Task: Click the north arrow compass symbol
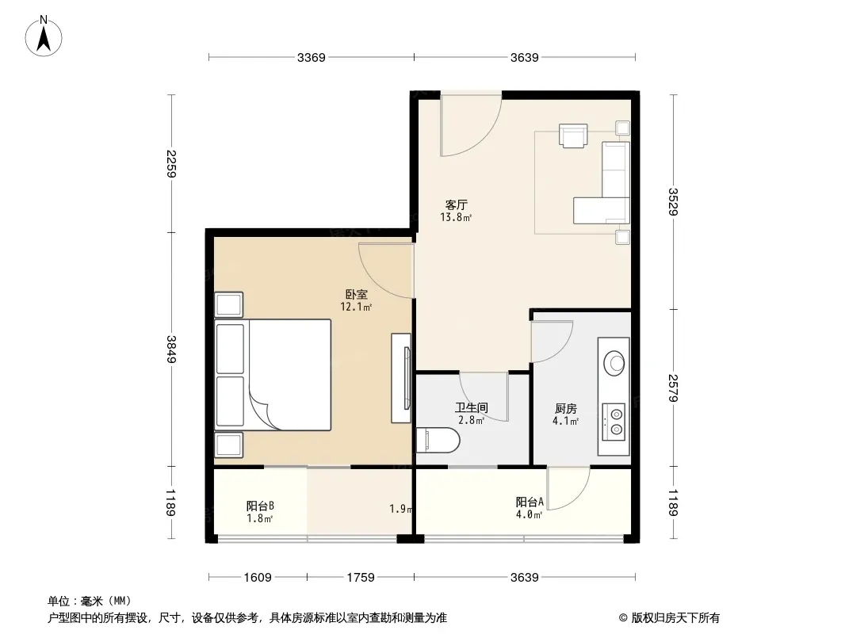[x=44, y=36]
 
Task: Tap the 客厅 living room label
[x=456, y=204]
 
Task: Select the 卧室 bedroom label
[x=356, y=295]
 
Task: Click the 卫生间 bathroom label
[x=471, y=408]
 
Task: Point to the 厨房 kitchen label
[x=565, y=409]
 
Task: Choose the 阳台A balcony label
[x=530, y=502]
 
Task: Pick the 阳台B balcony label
[x=260, y=506]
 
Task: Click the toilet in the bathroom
[x=438, y=440]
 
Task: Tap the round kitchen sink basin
[x=614, y=362]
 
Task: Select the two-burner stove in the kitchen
[x=614, y=422]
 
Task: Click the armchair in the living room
[x=573, y=136]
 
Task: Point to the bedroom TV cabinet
[x=401, y=378]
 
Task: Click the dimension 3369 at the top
[x=312, y=57]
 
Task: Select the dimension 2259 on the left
[x=171, y=164]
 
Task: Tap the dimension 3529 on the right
[x=672, y=201]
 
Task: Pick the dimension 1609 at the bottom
[x=258, y=578]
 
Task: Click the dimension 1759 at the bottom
[x=361, y=578]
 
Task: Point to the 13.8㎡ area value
[x=456, y=218]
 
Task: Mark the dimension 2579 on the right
[x=672, y=388]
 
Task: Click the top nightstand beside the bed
[x=229, y=305]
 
